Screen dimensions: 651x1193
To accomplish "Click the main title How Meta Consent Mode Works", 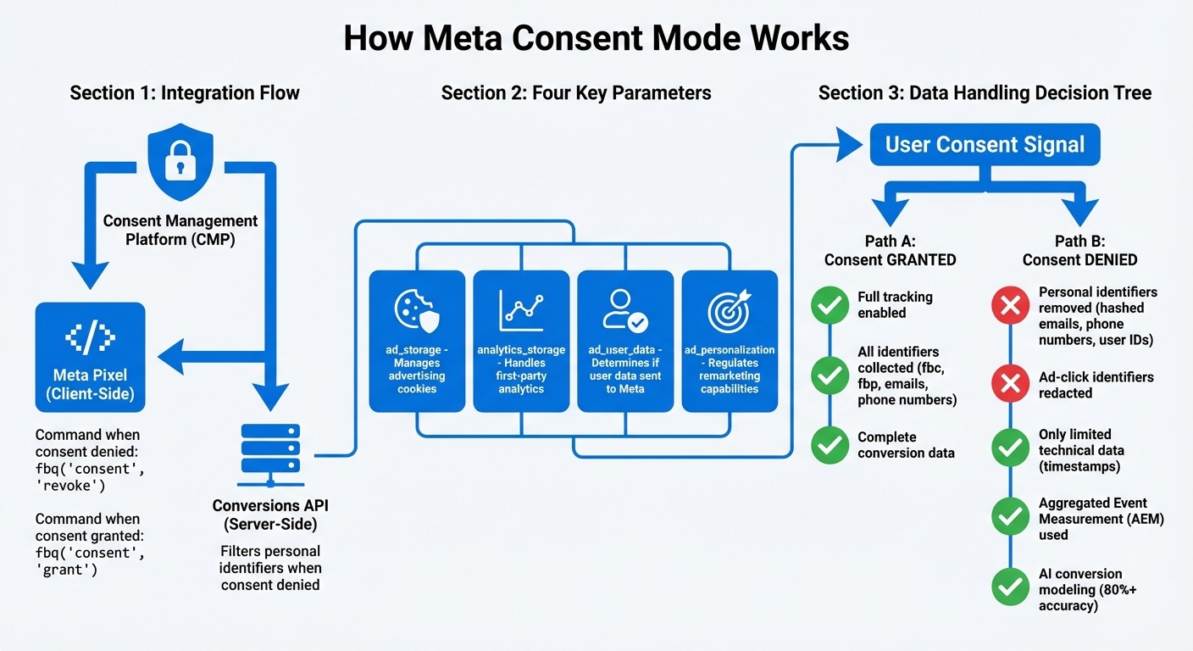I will (596, 39).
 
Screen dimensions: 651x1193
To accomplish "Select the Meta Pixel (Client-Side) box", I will (90, 358).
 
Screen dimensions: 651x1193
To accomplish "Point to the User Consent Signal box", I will (985, 144).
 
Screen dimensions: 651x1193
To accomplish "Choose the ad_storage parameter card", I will (417, 341).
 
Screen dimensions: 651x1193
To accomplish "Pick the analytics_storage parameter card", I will (521, 341).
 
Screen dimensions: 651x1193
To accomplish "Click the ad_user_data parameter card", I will (625, 341).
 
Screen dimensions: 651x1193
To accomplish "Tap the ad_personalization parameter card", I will (730, 341).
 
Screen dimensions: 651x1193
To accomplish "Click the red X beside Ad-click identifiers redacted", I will (1010, 385).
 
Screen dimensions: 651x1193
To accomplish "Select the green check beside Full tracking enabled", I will (830, 305).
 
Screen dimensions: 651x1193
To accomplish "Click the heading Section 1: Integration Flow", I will (185, 92).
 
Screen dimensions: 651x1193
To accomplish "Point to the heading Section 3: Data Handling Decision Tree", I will (985, 92).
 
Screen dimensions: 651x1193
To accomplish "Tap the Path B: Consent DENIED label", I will (1079, 251).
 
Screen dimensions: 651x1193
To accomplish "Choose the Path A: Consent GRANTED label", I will (890, 251).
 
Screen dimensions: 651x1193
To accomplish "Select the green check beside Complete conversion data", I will (830, 444).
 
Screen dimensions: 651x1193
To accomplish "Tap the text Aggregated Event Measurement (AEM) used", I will (1101, 519).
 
